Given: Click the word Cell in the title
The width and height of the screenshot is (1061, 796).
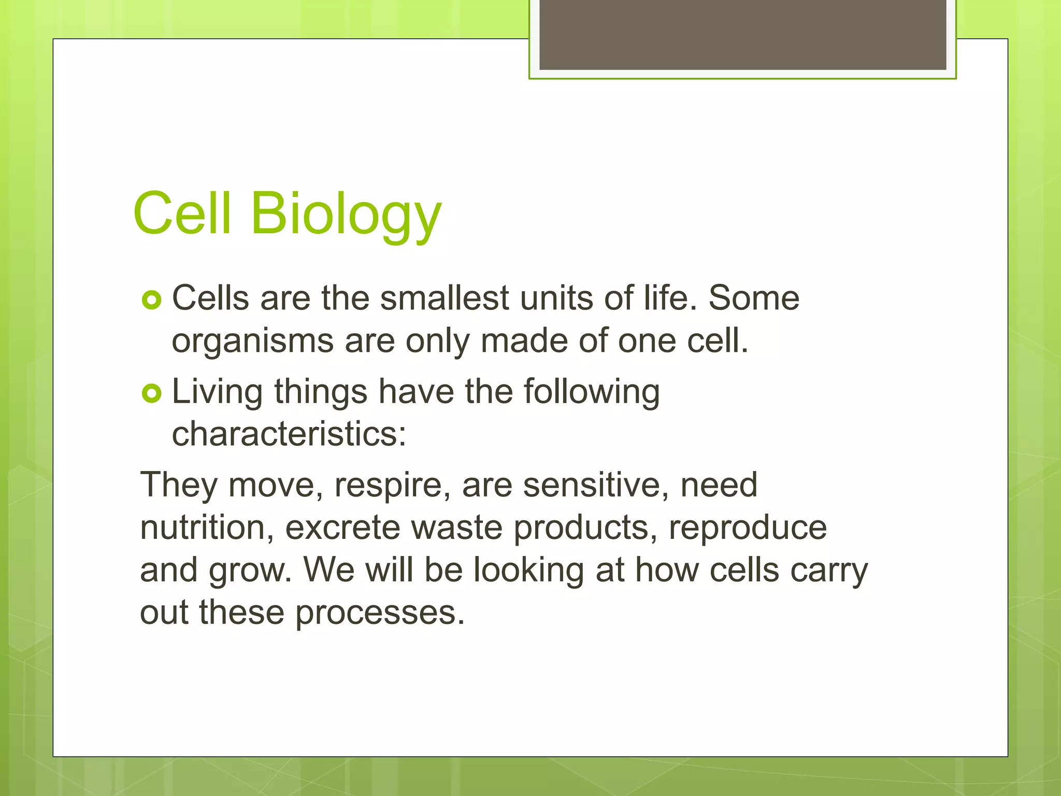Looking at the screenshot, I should tap(181, 213).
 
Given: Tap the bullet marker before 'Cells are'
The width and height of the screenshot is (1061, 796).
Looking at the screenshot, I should tap(152, 300).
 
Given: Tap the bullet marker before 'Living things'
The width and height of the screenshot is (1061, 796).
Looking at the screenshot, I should tap(152, 394).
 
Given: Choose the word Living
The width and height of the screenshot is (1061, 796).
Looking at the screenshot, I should tap(217, 392).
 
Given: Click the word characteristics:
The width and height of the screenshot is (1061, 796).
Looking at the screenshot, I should tap(289, 434).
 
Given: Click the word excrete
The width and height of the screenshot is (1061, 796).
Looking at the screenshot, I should tap(342, 528).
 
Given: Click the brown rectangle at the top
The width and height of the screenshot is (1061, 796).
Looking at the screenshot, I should tap(742, 34).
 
